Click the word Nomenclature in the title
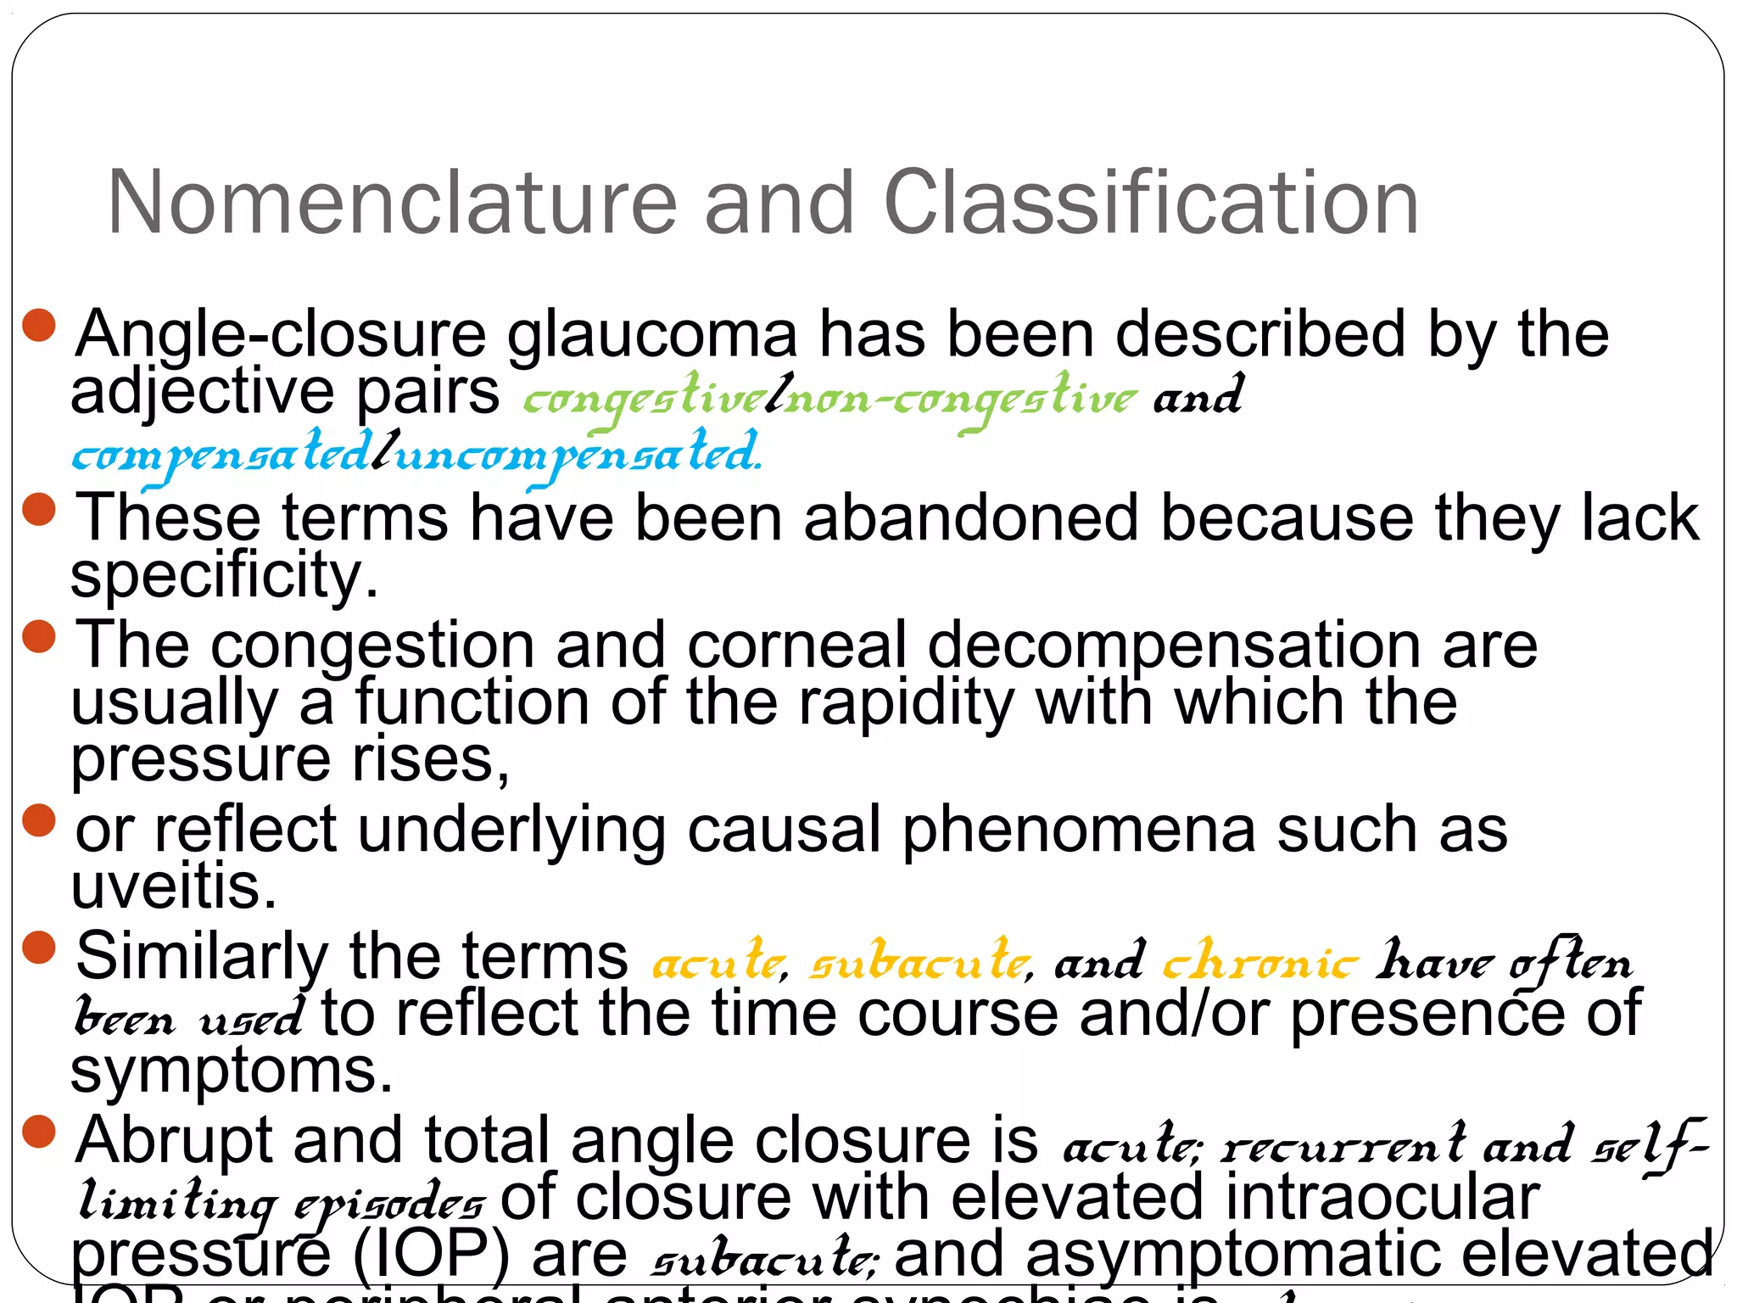(x=391, y=203)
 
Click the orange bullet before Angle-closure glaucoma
(x=39, y=325)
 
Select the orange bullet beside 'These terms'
(x=39, y=509)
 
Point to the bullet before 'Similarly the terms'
(x=39, y=948)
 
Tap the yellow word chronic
(x=1259, y=962)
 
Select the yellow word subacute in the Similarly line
(x=919, y=962)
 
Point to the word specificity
(x=224, y=575)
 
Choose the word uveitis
(x=174, y=886)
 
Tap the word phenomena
(x=1078, y=830)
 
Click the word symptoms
(x=232, y=1071)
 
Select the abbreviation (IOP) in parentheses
(x=430, y=1254)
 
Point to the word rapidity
(x=906, y=703)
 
